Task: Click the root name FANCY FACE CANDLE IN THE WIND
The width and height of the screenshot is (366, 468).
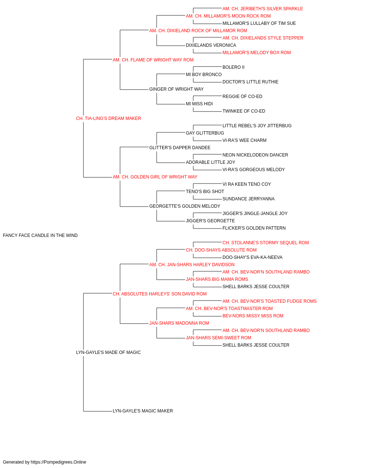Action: click(40, 235)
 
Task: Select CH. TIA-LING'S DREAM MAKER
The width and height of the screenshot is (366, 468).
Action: click(108, 118)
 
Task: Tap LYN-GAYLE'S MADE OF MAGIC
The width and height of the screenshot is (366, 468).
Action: click(108, 352)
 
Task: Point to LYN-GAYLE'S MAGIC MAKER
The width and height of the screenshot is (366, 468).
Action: click(143, 411)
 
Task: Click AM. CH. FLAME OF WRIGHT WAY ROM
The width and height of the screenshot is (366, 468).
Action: click(153, 60)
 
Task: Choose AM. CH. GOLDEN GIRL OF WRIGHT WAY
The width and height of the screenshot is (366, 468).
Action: click(155, 177)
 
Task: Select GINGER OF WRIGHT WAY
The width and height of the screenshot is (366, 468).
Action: click(176, 89)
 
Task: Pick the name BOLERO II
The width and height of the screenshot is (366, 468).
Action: click(234, 67)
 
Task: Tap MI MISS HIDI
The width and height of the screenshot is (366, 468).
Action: click(199, 104)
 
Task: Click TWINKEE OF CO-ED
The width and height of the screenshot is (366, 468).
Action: click(244, 111)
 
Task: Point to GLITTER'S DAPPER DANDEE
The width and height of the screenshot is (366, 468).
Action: click(180, 147)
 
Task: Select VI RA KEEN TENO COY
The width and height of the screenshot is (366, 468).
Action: click(247, 184)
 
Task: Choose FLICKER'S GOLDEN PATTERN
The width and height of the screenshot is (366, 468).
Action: click(254, 228)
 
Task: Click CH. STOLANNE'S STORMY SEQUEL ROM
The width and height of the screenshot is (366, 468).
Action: click(266, 243)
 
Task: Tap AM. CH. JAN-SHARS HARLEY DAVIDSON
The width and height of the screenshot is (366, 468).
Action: click(192, 265)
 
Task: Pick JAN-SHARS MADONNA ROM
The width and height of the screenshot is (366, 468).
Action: click(179, 323)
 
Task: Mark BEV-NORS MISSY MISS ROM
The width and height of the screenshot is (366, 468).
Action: click(253, 316)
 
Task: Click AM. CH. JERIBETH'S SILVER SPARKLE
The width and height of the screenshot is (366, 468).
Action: click(262, 9)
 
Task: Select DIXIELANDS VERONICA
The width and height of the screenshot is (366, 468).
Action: click(211, 45)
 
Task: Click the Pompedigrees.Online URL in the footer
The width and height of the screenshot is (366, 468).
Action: click(59, 462)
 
